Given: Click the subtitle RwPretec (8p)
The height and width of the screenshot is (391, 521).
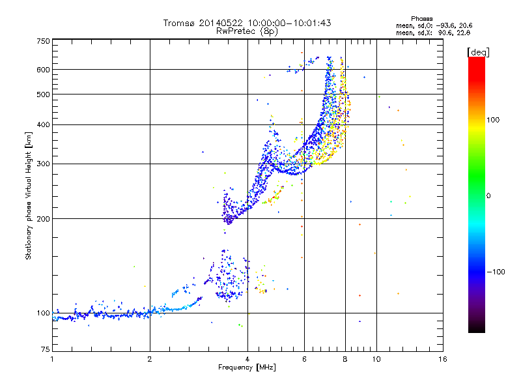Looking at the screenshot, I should click(247, 31).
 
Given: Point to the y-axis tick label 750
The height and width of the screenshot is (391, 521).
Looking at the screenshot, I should click(44, 41).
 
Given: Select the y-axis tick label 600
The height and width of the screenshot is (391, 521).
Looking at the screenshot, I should click(44, 70).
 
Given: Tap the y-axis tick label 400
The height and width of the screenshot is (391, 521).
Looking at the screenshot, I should click(44, 124).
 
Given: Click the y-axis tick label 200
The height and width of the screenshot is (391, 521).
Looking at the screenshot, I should click(44, 219).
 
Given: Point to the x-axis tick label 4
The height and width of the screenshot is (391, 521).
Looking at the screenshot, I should click(247, 359).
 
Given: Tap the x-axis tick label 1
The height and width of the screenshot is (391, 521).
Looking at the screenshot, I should click(52, 359).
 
